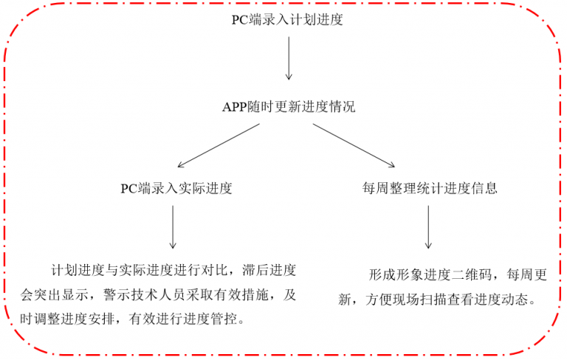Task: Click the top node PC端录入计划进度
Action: click(x=287, y=20)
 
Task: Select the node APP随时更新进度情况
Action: click(x=289, y=107)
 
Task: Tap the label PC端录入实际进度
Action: click(x=176, y=188)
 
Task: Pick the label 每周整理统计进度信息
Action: click(x=430, y=188)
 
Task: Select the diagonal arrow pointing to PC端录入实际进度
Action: click(x=219, y=145)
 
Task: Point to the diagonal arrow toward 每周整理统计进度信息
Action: click(x=354, y=145)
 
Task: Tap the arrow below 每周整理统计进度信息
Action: click(x=428, y=229)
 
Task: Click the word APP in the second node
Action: click(x=234, y=107)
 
